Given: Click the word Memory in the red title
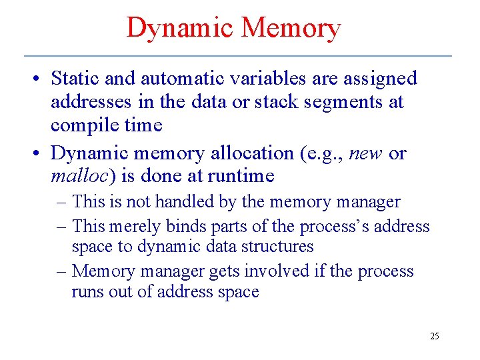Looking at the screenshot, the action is coord(291,28).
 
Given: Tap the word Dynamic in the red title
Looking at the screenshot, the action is coord(180,28).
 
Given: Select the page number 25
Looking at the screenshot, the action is coord(435,336).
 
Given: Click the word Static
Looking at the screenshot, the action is coord(75,79).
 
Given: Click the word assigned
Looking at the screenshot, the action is coord(380,79).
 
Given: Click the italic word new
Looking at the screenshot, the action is coord(367,154).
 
